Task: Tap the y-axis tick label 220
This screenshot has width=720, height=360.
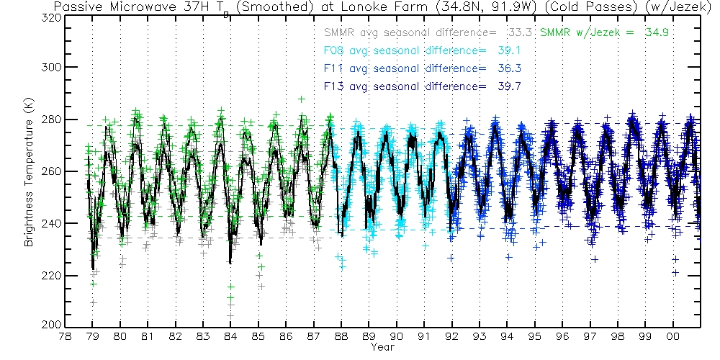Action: coord(49,276)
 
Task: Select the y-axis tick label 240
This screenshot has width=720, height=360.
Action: coord(49,224)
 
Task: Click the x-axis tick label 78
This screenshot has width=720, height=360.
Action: coord(65,336)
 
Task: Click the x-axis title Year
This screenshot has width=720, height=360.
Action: coord(382,347)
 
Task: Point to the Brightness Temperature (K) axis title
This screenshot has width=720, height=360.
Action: coord(30,172)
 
